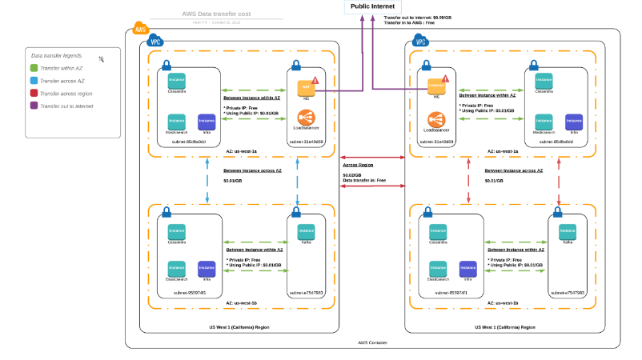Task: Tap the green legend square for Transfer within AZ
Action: pyautogui.click(x=34, y=69)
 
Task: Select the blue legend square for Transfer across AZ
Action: pyautogui.click(x=34, y=81)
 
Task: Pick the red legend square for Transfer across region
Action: pyautogui.click(x=34, y=93)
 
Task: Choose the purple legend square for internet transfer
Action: pyautogui.click(x=34, y=105)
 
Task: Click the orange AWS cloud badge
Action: pyautogui.click(x=140, y=29)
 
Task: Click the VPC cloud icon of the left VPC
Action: pyautogui.click(x=156, y=41)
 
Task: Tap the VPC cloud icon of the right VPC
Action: pyautogui.click(x=419, y=41)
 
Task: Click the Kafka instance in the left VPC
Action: pyautogui.click(x=306, y=232)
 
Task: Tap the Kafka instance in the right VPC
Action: pyautogui.click(x=568, y=231)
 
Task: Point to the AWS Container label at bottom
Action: pyautogui.click(x=372, y=343)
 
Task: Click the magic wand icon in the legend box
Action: pyautogui.click(x=102, y=58)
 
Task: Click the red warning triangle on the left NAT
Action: pyautogui.click(x=315, y=80)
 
